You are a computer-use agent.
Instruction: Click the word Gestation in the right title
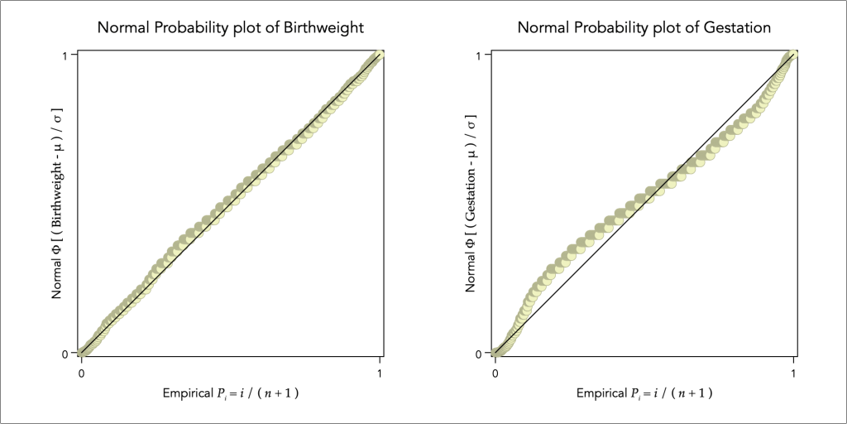(x=735, y=27)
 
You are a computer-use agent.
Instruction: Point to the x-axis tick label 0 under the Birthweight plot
(x=81, y=373)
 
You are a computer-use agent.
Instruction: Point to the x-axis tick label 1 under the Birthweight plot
(x=380, y=373)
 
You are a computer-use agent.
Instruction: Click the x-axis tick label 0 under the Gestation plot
(x=495, y=373)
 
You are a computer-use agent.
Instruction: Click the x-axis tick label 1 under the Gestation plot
(x=794, y=373)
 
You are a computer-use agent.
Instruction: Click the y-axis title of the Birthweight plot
(x=58, y=204)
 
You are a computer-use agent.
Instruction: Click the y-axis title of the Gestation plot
(x=471, y=204)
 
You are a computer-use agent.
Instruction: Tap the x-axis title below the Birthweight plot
(x=231, y=393)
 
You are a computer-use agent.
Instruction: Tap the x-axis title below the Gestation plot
(x=644, y=393)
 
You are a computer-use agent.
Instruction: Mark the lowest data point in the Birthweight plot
(x=82, y=353)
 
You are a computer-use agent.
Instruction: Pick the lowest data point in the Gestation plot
(x=495, y=353)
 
